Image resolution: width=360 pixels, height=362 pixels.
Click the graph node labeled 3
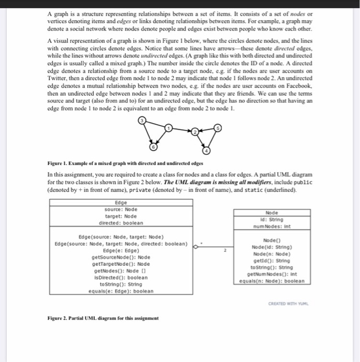click(x=142, y=120)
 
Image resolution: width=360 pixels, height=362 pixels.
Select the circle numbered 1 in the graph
click(x=168, y=127)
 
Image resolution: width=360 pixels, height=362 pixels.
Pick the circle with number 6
click(x=153, y=147)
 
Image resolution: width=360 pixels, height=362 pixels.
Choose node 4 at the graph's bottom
click(x=206, y=151)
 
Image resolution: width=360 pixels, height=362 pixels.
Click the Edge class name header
click(x=121, y=203)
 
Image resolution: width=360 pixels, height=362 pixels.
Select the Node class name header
click(x=272, y=213)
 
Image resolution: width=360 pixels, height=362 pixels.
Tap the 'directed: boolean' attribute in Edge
click(x=121, y=223)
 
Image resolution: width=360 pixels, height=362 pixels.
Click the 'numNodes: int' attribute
click(x=272, y=226)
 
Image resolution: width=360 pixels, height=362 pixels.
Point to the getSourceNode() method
click(x=121, y=257)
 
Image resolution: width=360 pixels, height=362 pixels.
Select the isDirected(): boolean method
click(x=121, y=277)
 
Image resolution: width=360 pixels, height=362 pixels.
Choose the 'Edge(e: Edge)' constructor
click(x=121, y=250)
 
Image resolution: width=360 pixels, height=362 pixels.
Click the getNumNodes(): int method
click(x=272, y=274)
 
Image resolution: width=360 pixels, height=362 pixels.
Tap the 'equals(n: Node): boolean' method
click(x=272, y=281)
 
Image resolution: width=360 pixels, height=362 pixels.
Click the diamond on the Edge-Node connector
click(x=195, y=247)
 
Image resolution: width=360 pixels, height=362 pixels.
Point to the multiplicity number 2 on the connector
click(x=225, y=250)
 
